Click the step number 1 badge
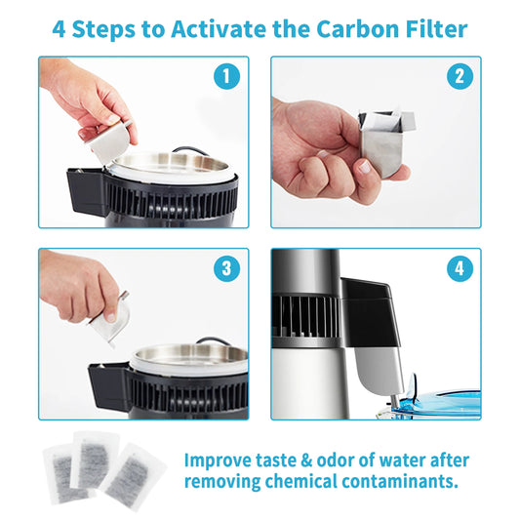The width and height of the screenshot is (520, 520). click(x=226, y=76)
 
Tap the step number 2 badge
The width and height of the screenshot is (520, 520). click(x=458, y=76)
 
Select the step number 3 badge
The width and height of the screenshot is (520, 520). click(x=226, y=268)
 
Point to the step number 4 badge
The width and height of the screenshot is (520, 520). click(x=458, y=268)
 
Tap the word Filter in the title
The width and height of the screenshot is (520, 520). click(x=432, y=27)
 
